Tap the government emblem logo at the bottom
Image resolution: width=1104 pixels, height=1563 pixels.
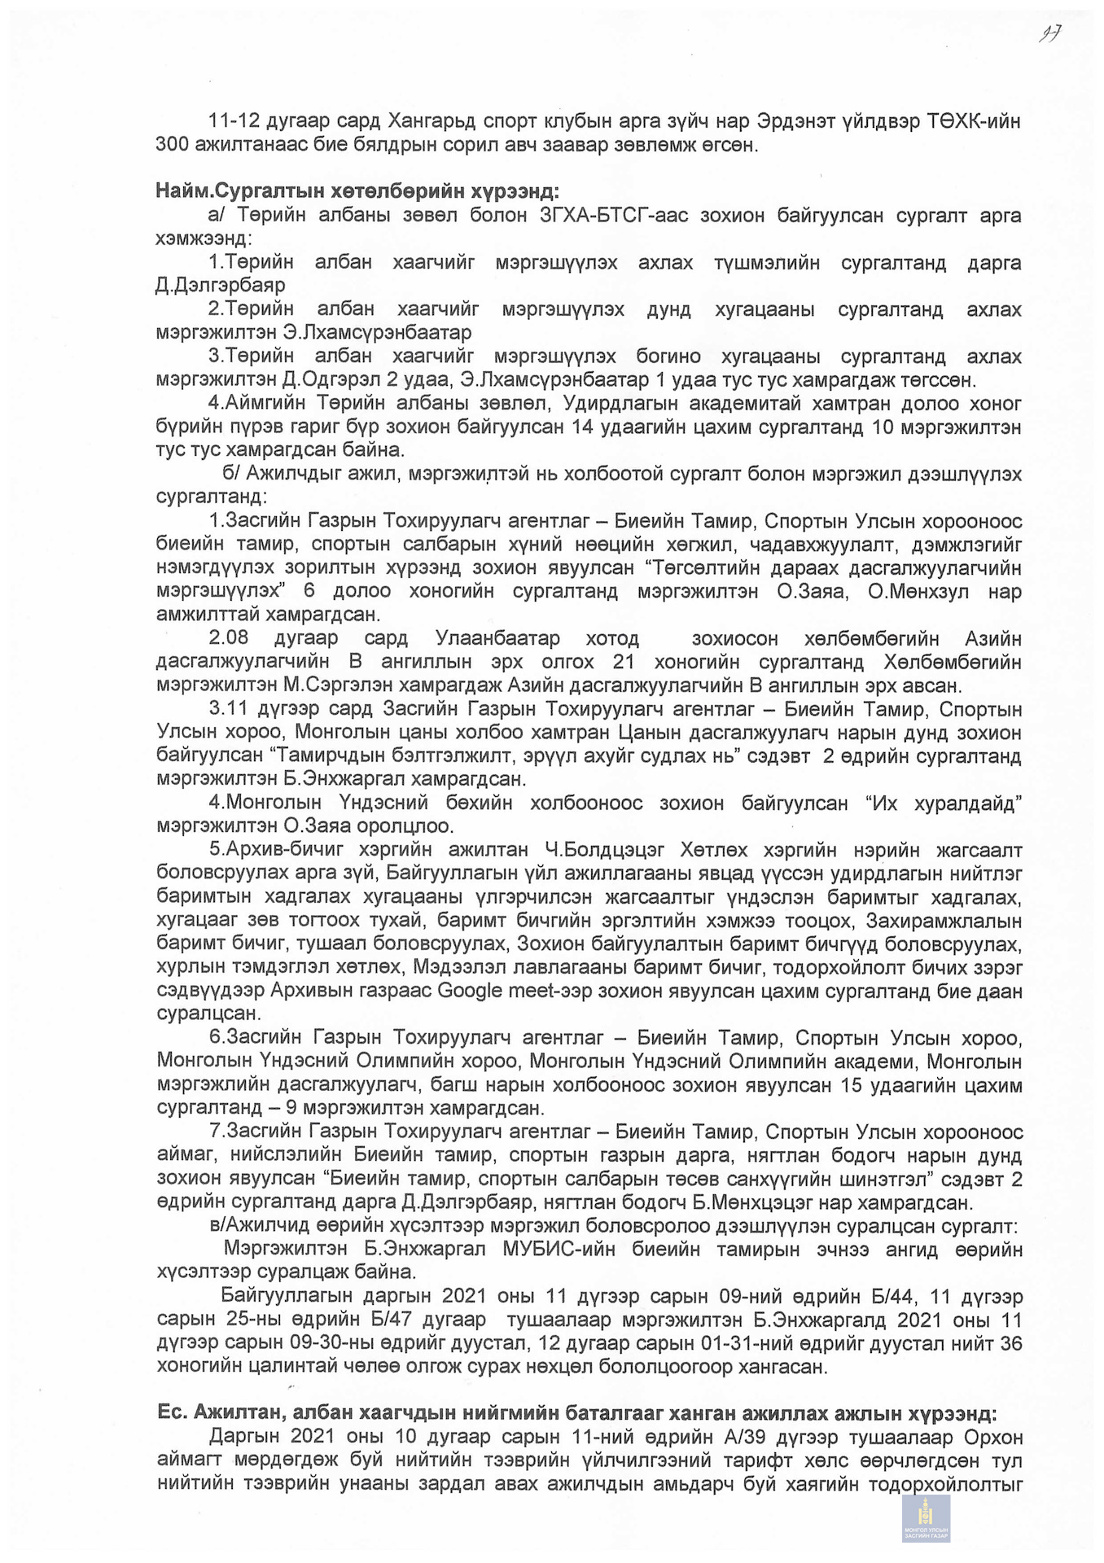pyautogui.click(x=926, y=1517)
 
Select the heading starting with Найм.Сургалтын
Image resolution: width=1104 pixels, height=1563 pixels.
pyautogui.click(x=357, y=192)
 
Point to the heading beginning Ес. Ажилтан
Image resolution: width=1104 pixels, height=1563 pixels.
pyautogui.click(x=576, y=1412)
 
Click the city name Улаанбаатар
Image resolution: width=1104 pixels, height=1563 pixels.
pyautogui.click(x=497, y=638)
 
